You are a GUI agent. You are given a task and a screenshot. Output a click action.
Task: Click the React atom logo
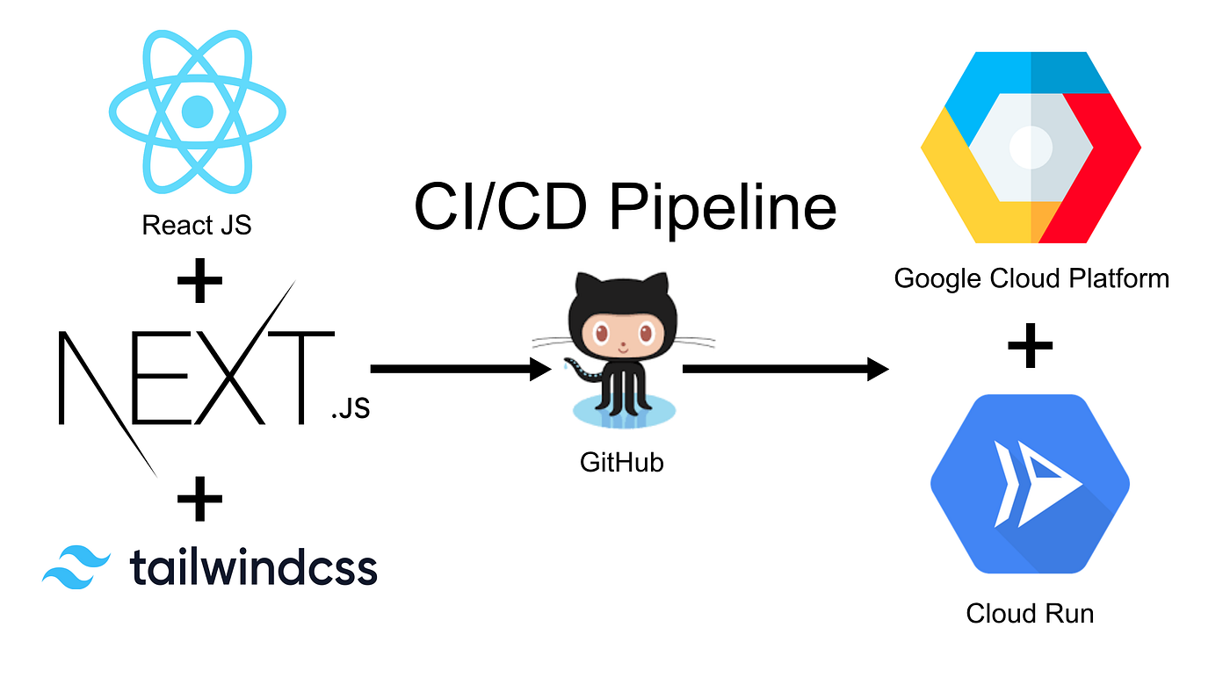click(197, 112)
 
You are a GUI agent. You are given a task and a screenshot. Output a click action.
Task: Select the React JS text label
click(197, 225)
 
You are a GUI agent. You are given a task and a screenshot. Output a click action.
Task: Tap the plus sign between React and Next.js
click(199, 282)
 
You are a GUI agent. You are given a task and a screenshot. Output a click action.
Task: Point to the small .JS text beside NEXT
click(350, 409)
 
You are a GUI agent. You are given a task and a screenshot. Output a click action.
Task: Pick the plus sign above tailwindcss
click(199, 500)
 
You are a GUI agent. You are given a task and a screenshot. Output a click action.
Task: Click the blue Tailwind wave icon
click(76, 567)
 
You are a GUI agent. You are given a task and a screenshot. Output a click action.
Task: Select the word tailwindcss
click(253, 567)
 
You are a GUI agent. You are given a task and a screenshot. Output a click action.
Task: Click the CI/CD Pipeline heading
click(625, 208)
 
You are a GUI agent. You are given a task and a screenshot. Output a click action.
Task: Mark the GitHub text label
click(622, 462)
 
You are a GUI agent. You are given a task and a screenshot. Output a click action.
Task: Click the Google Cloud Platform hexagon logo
click(1031, 148)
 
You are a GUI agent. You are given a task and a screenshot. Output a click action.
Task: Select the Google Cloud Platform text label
click(1031, 279)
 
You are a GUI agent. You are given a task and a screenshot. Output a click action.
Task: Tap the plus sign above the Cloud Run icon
click(1030, 346)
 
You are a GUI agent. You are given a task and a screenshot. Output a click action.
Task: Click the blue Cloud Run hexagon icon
click(1030, 484)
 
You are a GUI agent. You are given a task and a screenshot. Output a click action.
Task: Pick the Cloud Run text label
click(1030, 612)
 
